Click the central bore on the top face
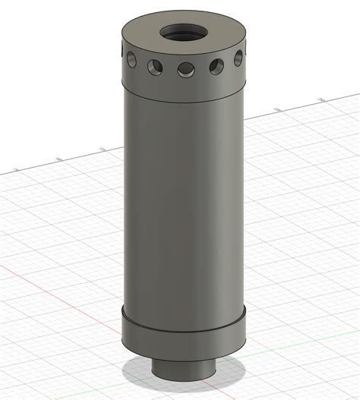(x=182, y=33)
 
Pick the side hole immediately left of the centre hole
(x=156, y=68)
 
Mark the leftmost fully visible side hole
(x=132, y=57)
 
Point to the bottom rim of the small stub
(x=183, y=377)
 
